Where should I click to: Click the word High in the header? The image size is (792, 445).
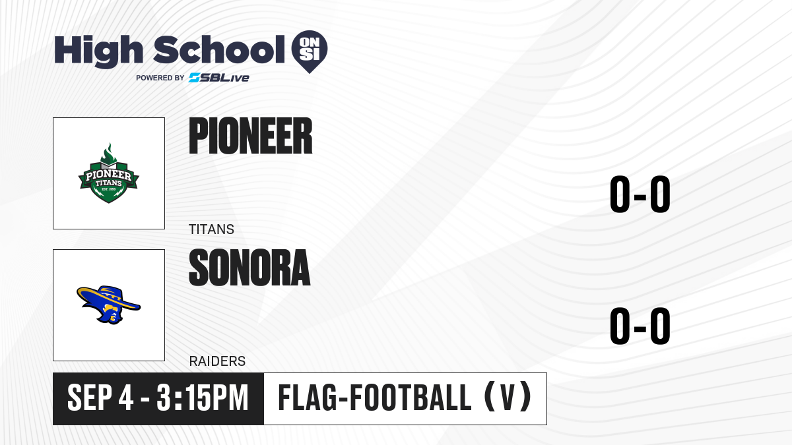[x=98, y=51]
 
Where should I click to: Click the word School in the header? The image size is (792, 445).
[x=219, y=50]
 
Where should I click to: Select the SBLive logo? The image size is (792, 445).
[x=219, y=77]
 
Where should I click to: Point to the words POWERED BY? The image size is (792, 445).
[x=160, y=78]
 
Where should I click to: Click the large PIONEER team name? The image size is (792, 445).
[x=251, y=136]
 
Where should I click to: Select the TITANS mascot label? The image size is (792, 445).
[x=211, y=229]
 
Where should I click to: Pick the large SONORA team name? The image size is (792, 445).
[x=249, y=268]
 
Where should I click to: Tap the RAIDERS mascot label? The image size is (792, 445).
[x=217, y=361]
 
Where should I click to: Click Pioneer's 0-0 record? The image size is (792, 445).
[x=640, y=194]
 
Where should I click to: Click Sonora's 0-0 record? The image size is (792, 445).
[x=640, y=326]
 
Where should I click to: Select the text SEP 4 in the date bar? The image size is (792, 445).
[x=100, y=398]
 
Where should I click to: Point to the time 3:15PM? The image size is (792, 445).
[x=203, y=398]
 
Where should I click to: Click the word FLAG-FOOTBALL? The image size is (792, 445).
[x=375, y=398]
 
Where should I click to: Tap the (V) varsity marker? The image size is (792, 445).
[x=508, y=398]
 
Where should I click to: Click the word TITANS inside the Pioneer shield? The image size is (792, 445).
[x=108, y=183]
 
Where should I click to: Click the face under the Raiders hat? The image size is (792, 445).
[x=112, y=314]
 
